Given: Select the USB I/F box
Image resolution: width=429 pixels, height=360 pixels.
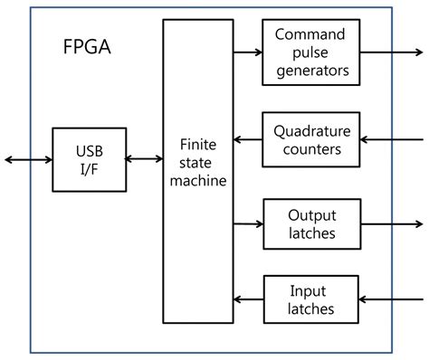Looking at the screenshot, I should [88, 159].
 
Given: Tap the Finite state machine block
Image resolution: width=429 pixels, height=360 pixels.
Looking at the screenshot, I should [197, 171].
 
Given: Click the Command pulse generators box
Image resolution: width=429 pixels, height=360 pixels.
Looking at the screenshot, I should [310, 52].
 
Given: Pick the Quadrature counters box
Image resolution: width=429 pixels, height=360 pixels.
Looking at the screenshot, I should [310, 138].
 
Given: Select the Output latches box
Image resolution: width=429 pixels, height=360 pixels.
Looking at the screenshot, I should [310, 223].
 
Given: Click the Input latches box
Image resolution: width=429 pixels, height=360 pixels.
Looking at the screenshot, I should [310, 300].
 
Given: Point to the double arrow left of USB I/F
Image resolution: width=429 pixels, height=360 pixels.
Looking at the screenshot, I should [28, 159].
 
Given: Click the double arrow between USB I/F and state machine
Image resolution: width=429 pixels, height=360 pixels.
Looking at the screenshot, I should [143, 159].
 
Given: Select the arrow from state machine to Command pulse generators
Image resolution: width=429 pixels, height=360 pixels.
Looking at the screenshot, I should [247, 52].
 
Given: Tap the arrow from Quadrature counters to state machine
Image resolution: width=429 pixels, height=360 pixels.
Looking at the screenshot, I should [247, 139].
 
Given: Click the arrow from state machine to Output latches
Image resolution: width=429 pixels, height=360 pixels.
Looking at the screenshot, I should [247, 223].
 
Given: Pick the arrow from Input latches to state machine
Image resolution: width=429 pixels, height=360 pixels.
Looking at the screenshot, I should [247, 300].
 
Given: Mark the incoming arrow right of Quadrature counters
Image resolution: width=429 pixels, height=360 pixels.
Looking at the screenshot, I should [391, 139].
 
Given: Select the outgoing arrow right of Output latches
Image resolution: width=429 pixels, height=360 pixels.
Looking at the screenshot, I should [391, 223].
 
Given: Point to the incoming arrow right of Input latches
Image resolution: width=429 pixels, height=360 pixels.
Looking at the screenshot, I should [391, 300].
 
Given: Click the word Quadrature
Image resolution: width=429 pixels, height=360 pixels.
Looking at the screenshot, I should [310, 130].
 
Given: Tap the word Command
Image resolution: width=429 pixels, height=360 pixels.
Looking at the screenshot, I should [310, 34].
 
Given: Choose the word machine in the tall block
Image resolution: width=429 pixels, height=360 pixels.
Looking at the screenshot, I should [197, 182].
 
